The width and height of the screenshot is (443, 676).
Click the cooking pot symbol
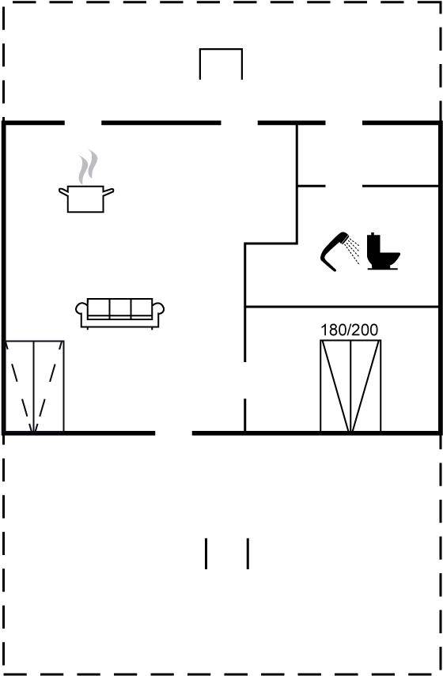coord(86,198)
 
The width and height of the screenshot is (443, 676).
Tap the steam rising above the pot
coord(88,167)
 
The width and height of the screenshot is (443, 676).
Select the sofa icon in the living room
coord(120,313)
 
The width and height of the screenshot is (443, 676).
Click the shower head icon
coord(335,251)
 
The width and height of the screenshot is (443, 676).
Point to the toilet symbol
coord(383,251)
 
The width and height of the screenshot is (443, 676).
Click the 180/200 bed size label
coord(350,330)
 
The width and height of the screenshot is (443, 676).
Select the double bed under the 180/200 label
coord(350,386)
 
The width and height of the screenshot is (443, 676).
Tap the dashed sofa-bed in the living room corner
coord(35,387)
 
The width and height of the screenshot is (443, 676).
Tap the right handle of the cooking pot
coord(108,191)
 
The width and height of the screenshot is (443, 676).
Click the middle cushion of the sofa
coord(120,308)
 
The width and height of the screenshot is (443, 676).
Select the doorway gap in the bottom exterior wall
coord(173,432)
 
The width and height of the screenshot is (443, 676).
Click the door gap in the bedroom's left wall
coord(245,380)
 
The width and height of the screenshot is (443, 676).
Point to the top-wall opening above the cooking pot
coord(83,123)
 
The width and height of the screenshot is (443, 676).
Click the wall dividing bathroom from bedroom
coord(342,307)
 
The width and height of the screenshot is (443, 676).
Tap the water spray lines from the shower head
coord(353,249)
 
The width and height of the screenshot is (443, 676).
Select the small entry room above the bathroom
coord(368,155)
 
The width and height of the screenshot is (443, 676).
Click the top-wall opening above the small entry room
coord(344,123)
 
